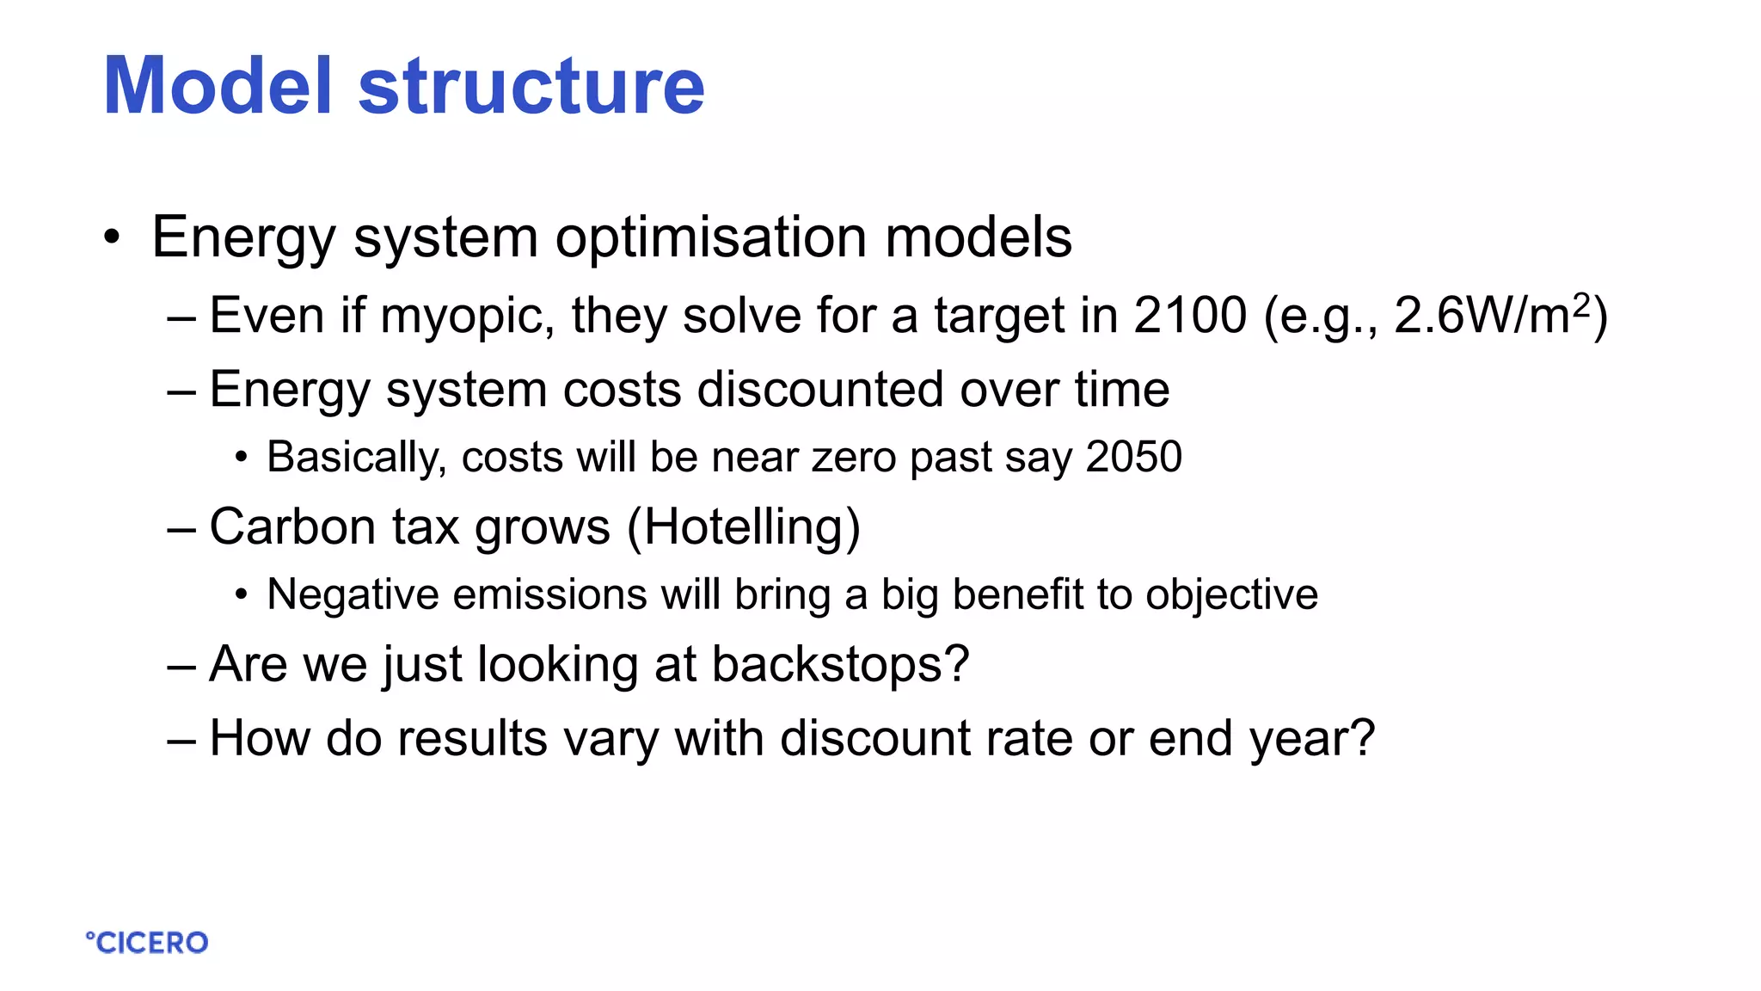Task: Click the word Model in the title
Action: [218, 86]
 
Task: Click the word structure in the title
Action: [531, 86]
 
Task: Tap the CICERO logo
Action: [147, 943]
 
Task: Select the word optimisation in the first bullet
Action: [711, 237]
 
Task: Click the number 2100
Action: [1189, 315]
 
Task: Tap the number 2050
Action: [1133, 457]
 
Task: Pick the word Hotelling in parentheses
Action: [744, 527]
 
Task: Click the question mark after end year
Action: [1362, 738]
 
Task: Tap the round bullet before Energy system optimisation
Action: [111, 237]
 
